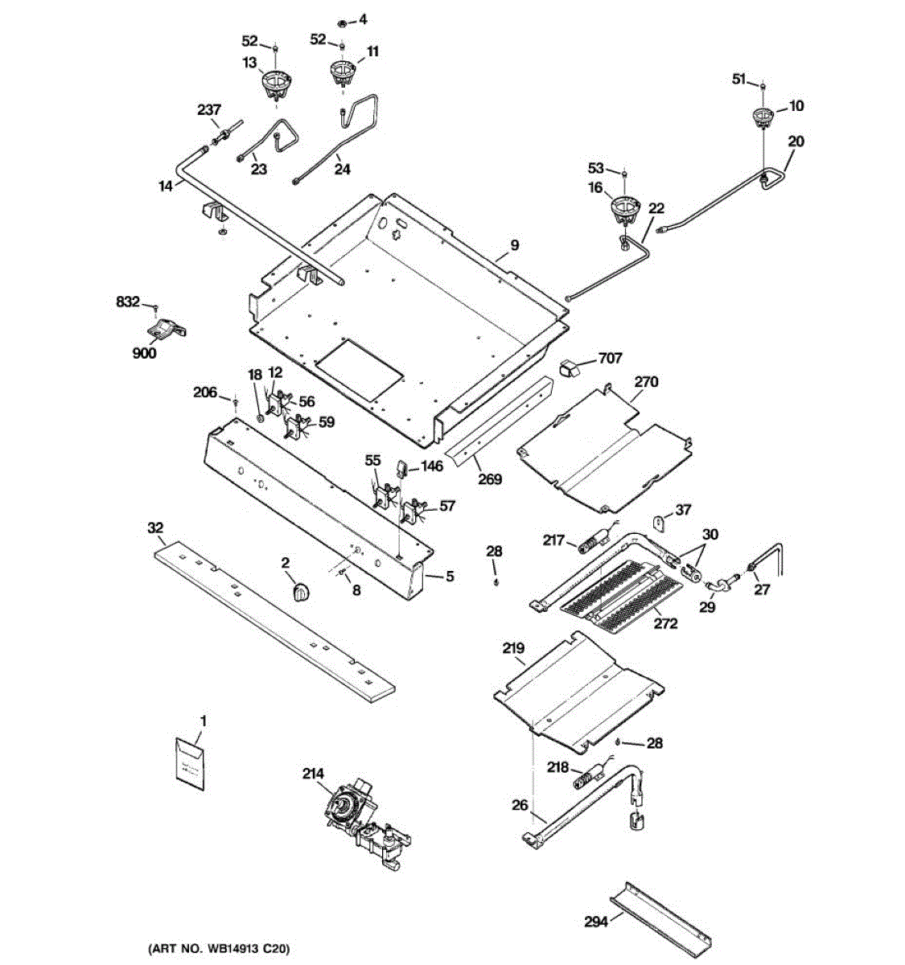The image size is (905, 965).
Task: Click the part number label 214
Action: click(313, 774)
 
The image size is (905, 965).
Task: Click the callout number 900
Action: click(145, 354)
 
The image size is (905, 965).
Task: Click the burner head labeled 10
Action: click(761, 117)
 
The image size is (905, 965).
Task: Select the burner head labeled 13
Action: click(276, 83)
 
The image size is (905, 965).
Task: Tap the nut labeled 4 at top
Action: click(340, 19)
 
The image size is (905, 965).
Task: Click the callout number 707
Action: click(609, 359)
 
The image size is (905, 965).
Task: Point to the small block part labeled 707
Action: click(571, 368)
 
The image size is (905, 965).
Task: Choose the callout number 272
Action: click(666, 623)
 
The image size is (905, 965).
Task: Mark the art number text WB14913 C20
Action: click(219, 950)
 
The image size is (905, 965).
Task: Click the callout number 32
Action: click(155, 528)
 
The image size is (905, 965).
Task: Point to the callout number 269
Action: click(489, 479)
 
